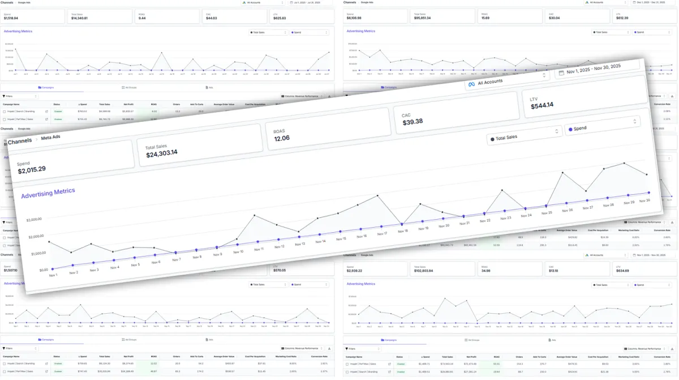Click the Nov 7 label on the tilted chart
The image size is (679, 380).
click(x=176, y=259)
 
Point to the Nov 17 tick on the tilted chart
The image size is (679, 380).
click(x=383, y=233)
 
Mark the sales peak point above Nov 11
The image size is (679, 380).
click(x=255, y=215)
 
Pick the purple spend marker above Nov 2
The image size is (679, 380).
click(x=72, y=264)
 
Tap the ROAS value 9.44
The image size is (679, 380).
click(x=142, y=18)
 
